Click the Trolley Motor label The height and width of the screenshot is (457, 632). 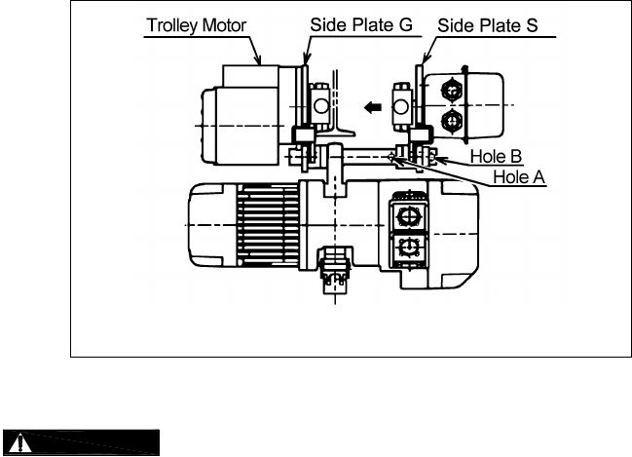click(197, 25)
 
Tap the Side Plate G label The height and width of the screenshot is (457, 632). click(361, 24)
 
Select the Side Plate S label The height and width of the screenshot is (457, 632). click(488, 25)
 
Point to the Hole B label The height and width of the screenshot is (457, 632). click(497, 157)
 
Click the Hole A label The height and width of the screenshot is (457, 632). click(519, 177)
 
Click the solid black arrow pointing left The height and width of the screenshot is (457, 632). click(372, 107)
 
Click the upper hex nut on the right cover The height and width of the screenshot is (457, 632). click(452, 90)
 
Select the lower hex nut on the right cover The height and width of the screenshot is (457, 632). click(452, 121)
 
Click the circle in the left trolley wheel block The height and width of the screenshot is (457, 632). click(321, 106)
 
